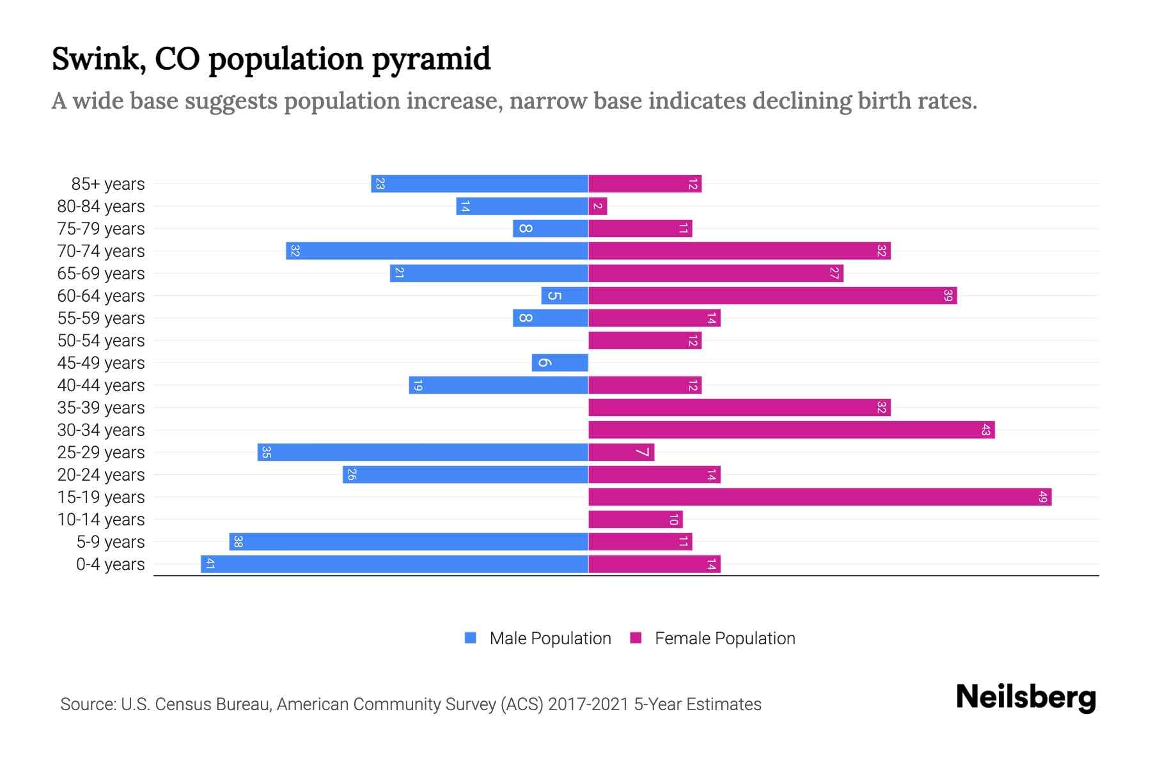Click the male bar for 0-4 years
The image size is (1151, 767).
point(395,564)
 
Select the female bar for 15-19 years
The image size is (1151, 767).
point(820,497)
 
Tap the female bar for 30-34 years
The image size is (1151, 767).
point(791,430)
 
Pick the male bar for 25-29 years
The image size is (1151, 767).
point(423,452)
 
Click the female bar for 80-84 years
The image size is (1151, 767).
point(597,206)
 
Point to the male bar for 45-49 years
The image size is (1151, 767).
point(560,362)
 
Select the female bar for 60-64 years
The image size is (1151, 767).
point(772,295)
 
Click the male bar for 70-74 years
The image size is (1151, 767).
point(437,251)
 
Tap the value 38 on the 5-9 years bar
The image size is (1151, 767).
point(238,541)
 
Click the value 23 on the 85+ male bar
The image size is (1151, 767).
point(380,183)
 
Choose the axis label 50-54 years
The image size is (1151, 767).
point(101,340)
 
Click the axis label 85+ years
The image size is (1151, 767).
point(108,183)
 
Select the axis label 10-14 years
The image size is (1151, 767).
point(101,519)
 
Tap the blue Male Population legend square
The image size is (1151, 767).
point(471,638)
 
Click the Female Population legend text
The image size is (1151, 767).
point(724,638)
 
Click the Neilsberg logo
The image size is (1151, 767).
point(1026,697)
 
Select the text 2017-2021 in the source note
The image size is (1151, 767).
point(588,704)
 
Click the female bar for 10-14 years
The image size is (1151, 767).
point(636,519)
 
